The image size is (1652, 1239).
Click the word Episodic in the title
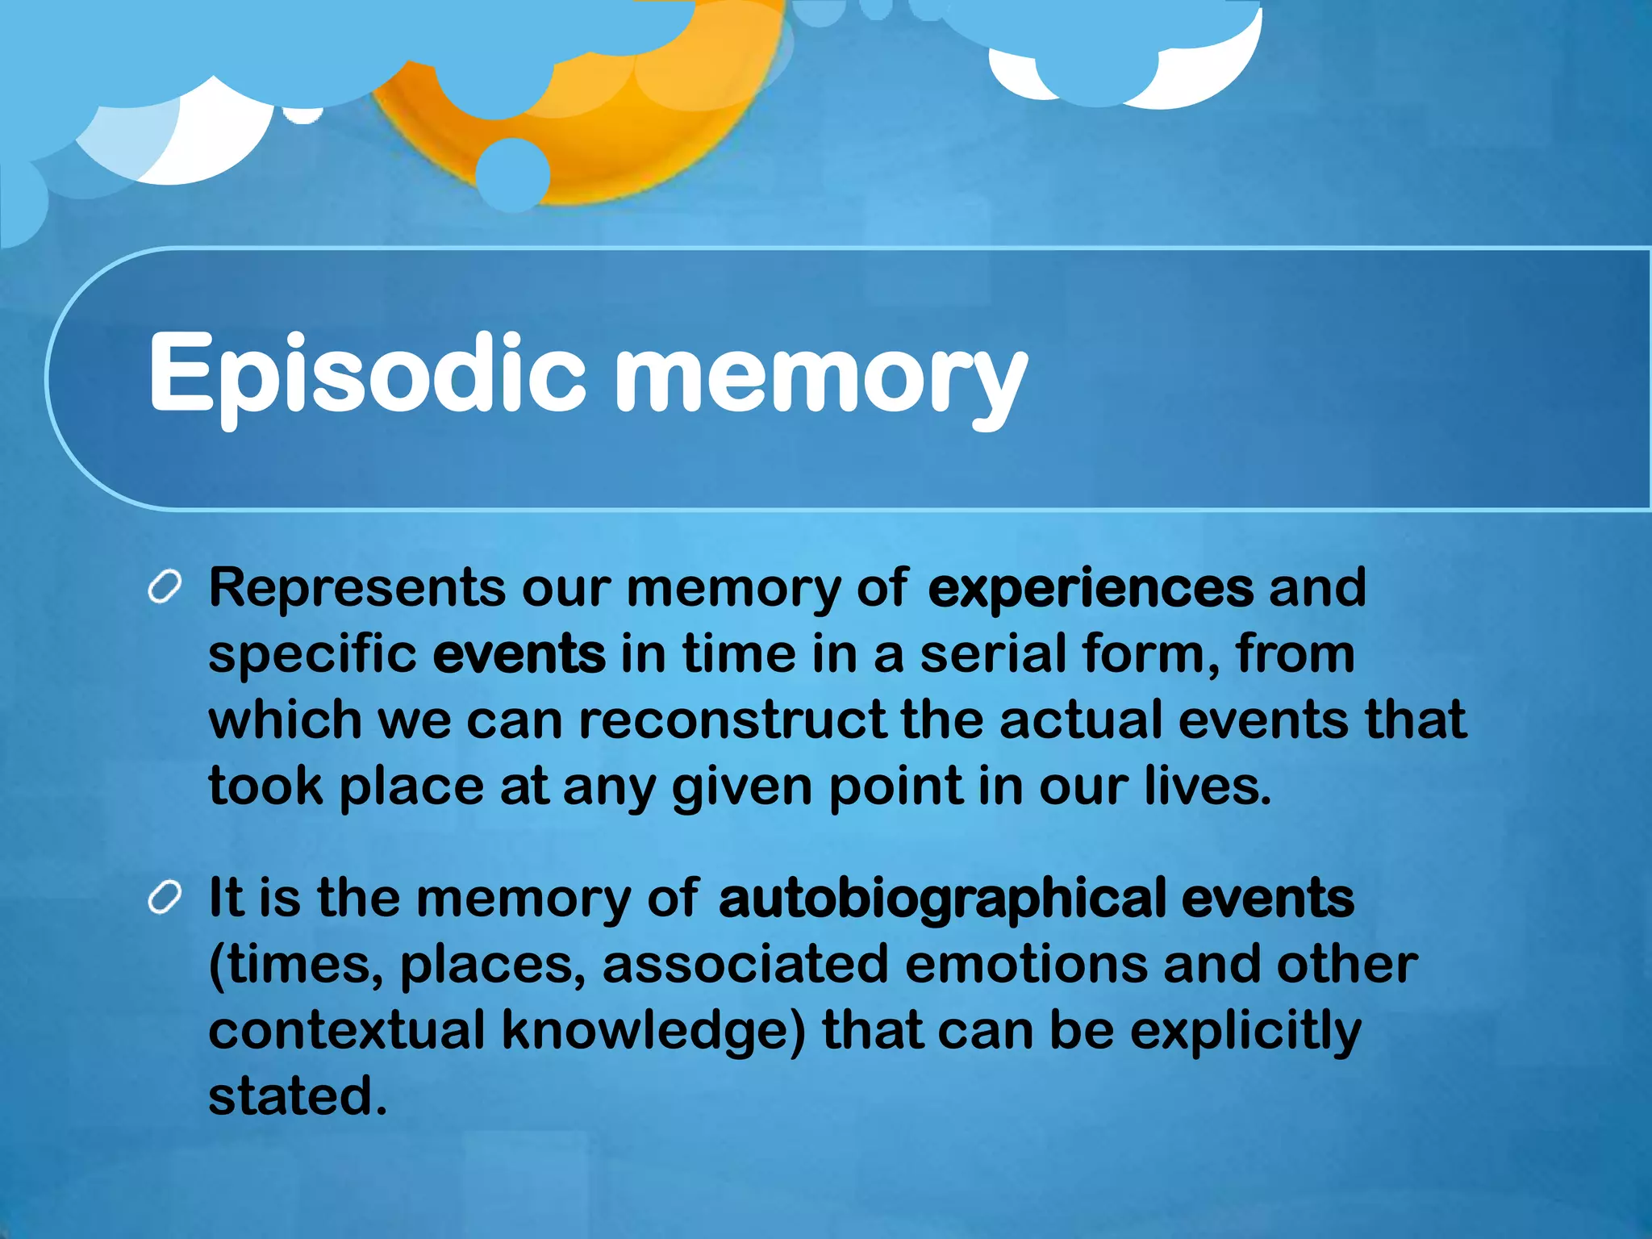pyautogui.click(x=367, y=375)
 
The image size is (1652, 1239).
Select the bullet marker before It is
pyautogui.click(x=165, y=897)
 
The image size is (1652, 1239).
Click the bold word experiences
pyautogui.click(x=1091, y=588)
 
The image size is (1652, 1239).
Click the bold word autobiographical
pyautogui.click(x=941, y=899)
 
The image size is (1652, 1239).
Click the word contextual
pyautogui.click(x=347, y=1030)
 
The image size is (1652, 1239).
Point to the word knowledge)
pyautogui.click(x=653, y=1032)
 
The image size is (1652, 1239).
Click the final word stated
pyautogui.click(x=298, y=1096)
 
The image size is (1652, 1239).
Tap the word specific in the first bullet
pyautogui.click(x=313, y=654)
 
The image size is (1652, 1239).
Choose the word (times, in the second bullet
pyautogui.click(x=295, y=966)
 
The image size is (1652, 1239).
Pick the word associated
pyautogui.click(x=745, y=964)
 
